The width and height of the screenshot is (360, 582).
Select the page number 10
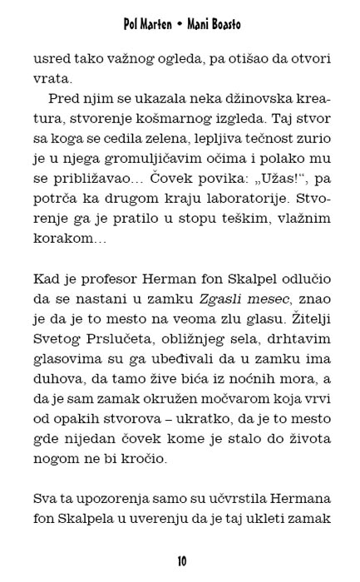pyautogui.click(x=180, y=561)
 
